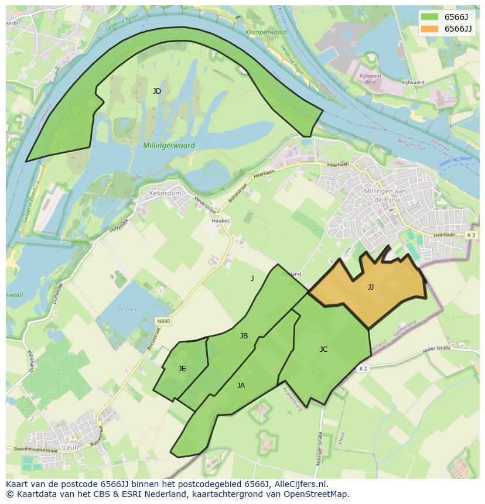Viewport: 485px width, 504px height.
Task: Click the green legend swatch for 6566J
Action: pos(429,17)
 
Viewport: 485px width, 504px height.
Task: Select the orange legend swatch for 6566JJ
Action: pos(429,29)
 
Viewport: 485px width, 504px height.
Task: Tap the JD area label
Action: pos(157,91)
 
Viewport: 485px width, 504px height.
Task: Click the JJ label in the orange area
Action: pos(371,287)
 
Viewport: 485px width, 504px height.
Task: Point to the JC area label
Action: pos(323,349)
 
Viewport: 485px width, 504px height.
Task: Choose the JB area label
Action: pos(244,335)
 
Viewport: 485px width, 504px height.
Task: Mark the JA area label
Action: pos(241,385)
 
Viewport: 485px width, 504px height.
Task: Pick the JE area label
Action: pos(182,368)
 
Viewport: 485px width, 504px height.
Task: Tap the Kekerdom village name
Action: pos(165,193)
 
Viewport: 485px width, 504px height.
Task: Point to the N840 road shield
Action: pos(163,321)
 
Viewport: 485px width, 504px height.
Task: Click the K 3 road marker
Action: pos(471,235)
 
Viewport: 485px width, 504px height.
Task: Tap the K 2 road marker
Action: pos(363,368)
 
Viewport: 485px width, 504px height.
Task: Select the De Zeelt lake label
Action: pos(127,309)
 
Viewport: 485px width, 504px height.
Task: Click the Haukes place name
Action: pos(221,221)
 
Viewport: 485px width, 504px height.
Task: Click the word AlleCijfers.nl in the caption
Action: pos(297,484)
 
